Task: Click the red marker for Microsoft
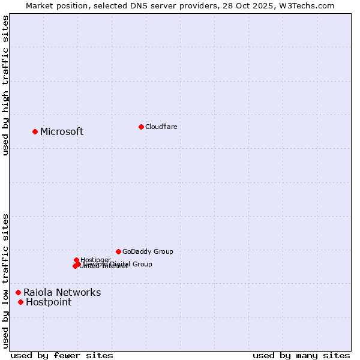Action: click(35, 131)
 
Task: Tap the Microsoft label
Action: click(62, 132)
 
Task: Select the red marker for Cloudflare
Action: click(141, 127)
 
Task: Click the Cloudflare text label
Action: click(161, 127)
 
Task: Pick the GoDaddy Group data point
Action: click(118, 251)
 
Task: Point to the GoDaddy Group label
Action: click(148, 251)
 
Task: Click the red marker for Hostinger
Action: click(76, 260)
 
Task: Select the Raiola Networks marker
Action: click(18, 292)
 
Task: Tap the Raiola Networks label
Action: click(62, 293)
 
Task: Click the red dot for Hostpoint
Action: click(20, 302)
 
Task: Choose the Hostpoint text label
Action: click(49, 302)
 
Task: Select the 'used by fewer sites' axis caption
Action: click(62, 355)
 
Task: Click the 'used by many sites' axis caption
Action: click(301, 355)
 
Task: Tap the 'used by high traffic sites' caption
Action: click(5, 85)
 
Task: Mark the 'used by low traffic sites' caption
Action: click(5, 281)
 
